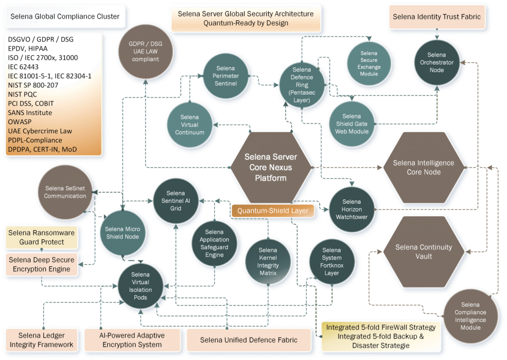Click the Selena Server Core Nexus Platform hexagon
coord(270,167)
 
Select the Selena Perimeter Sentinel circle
coord(225,76)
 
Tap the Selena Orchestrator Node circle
coord(437,62)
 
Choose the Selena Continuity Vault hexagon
coord(417,251)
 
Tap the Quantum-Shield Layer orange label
coord(273,210)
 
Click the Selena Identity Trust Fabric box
coord(437,17)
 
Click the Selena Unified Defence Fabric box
coord(249,340)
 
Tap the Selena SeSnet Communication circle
coord(65,192)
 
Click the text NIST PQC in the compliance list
coord(23,94)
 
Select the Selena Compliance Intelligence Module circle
coord(470,316)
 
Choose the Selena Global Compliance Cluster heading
coord(65,16)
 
